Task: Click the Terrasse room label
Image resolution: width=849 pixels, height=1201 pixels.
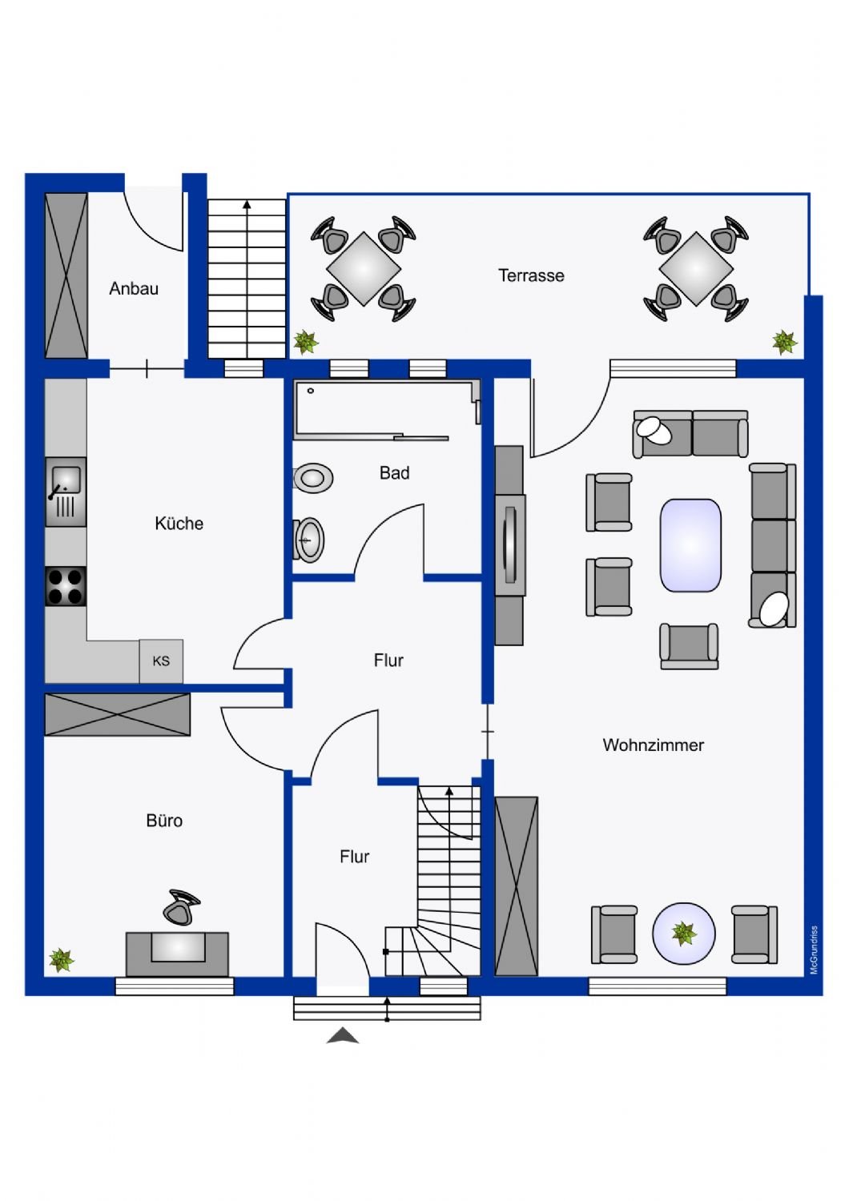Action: click(x=531, y=275)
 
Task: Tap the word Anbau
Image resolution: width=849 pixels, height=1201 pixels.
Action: click(x=134, y=288)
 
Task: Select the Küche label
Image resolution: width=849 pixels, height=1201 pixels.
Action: click(x=179, y=524)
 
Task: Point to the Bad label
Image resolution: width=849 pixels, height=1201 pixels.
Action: click(x=394, y=473)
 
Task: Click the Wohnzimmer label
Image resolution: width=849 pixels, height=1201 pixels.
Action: click(x=654, y=745)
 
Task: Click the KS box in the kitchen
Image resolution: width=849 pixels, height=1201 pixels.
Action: click(x=161, y=661)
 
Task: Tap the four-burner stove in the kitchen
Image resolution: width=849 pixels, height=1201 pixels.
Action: click(x=66, y=587)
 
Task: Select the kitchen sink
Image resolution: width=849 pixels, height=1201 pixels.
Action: click(x=66, y=492)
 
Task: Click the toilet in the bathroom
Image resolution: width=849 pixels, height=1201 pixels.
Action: click(x=313, y=478)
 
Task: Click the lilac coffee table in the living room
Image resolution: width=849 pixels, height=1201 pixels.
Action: click(x=690, y=545)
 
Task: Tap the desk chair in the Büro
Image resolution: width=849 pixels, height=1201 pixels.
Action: click(x=181, y=907)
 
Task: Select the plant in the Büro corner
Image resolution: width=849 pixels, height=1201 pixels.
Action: click(x=61, y=959)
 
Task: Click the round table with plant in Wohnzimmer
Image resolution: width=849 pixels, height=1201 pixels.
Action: click(x=683, y=934)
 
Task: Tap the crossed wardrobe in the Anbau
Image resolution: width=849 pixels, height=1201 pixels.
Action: click(x=66, y=275)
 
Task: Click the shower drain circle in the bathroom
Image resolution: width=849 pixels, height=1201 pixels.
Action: click(x=311, y=391)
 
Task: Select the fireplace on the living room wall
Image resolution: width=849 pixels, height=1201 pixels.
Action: click(x=509, y=544)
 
